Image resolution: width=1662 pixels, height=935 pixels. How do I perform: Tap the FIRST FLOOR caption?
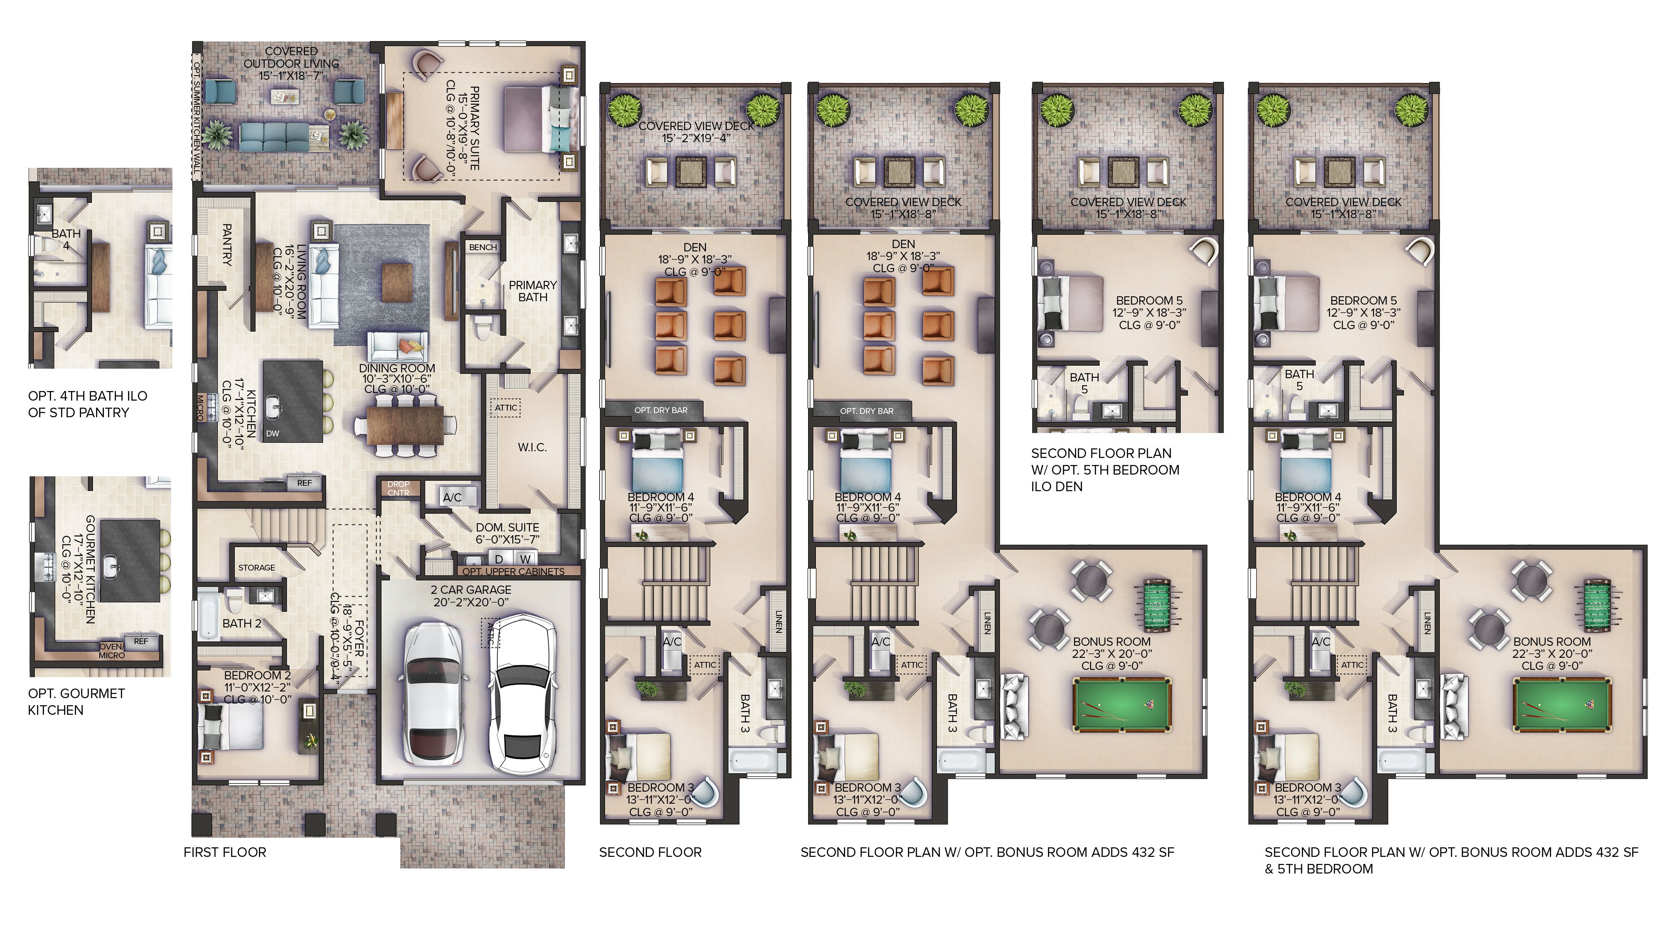pyautogui.click(x=224, y=852)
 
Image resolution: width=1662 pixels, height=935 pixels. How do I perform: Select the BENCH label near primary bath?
pyautogui.click(x=482, y=247)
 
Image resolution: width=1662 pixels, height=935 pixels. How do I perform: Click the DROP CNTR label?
pyautogui.click(x=398, y=488)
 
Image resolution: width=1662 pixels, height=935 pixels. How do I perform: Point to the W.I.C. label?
pyautogui.click(x=532, y=447)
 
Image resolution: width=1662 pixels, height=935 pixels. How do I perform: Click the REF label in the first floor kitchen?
pyautogui.click(x=304, y=482)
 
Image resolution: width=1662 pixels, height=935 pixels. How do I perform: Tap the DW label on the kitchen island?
pyautogui.click(x=273, y=433)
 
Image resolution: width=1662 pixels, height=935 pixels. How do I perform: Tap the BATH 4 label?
pyautogui.click(x=66, y=239)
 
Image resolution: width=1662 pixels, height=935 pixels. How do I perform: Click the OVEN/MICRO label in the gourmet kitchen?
pyautogui.click(x=112, y=650)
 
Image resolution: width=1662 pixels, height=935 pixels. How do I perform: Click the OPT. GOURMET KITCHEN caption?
pyautogui.click(x=76, y=701)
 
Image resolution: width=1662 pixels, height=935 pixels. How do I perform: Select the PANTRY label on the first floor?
pyautogui.click(x=226, y=245)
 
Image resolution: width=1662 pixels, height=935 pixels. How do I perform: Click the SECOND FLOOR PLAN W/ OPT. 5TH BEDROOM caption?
pyautogui.click(x=1104, y=470)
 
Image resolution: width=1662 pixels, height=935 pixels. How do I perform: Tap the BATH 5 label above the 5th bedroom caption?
pyautogui.click(x=1084, y=383)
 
